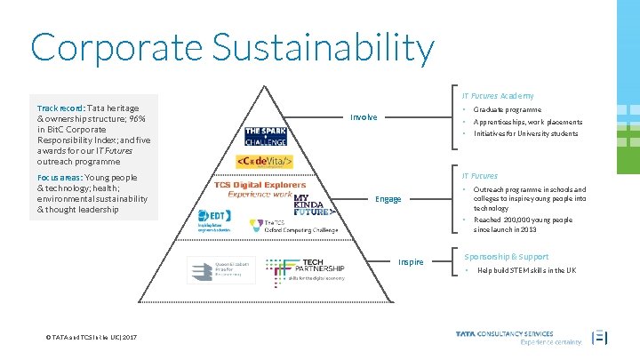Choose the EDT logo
(x=213, y=219)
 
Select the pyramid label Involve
(x=364, y=117)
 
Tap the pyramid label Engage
(x=388, y=199)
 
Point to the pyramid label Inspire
(x=411, y=262)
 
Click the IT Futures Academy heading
(x=497, y=95)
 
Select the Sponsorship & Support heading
(x=506, y=256)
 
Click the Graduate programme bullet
(x=508, y=109)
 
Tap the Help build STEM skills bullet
(x=526, y=270)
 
